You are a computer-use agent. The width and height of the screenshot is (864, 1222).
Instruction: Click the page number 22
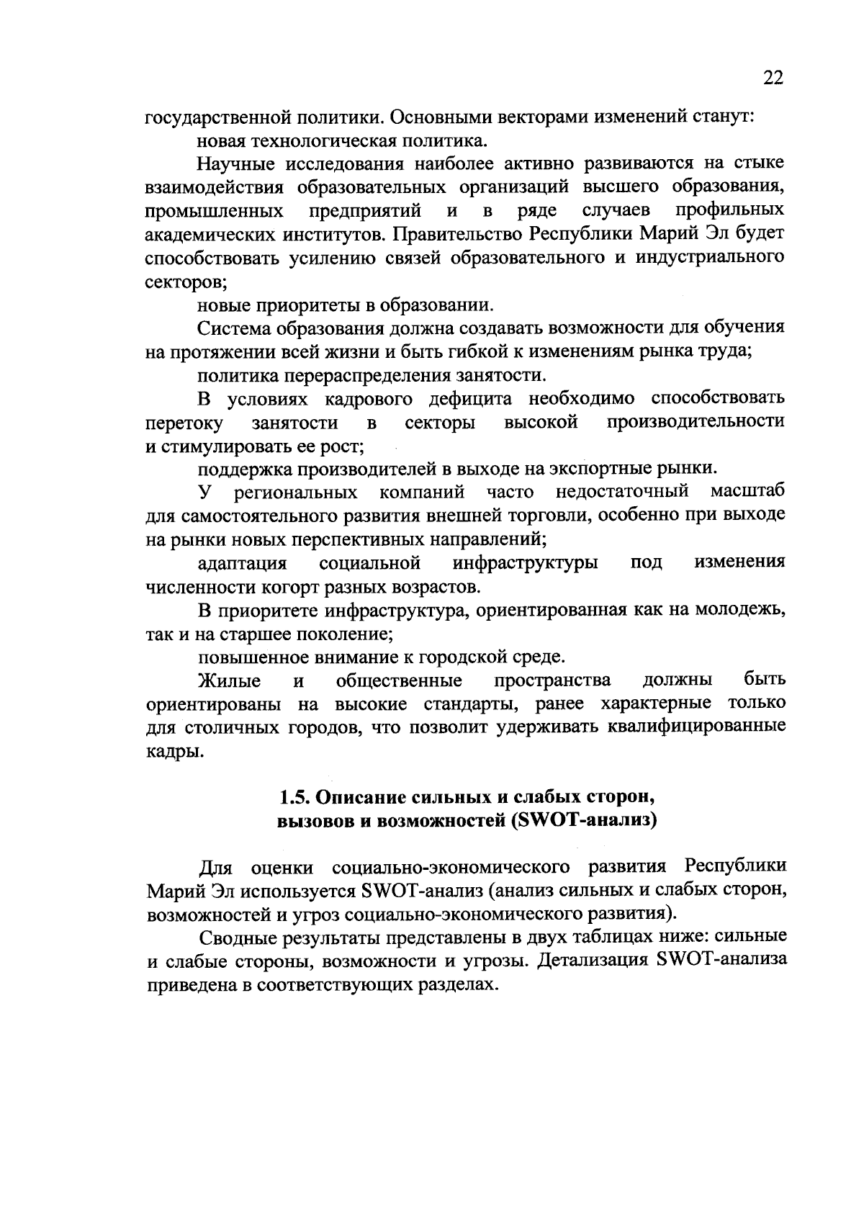coord(772,78)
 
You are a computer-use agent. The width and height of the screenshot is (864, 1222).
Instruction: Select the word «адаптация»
coord(243,562)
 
